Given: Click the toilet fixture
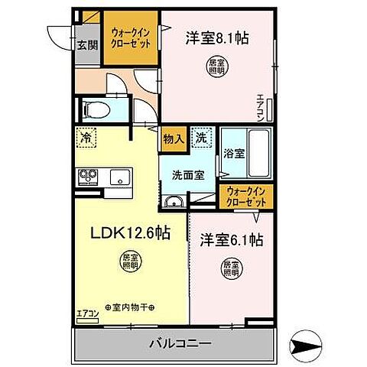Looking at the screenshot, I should [96, 109].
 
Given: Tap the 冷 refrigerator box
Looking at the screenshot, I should [85, 141].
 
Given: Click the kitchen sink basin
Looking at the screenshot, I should [119, 178].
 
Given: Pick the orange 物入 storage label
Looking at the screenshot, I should [174, 140].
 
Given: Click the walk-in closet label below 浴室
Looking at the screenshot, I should [245, 197].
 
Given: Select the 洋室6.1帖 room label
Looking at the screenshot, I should [232, 239].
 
